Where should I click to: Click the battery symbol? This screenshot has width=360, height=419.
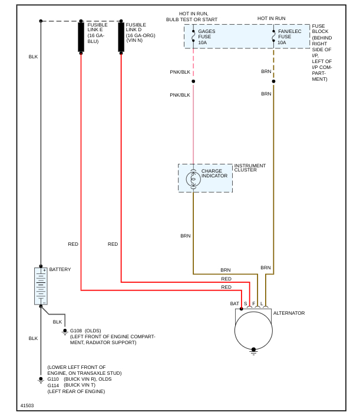point(41,286)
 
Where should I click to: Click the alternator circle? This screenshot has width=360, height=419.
point(253,330)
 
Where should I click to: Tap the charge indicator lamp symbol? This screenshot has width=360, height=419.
point(193,179)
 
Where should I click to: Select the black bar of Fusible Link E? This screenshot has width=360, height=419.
point(81,37)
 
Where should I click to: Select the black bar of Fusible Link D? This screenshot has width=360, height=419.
point(121,37)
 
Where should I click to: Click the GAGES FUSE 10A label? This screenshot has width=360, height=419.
point(207,37)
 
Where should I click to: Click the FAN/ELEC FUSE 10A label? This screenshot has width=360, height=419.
point(289,37)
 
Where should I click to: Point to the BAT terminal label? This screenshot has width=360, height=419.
point(235,303)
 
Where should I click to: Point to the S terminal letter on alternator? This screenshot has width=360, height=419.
point(246,303)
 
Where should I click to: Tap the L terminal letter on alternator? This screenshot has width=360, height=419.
point(262,303)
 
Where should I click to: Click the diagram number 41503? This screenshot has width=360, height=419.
point(27,405)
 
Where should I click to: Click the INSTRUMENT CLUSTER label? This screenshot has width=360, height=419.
point(250,168)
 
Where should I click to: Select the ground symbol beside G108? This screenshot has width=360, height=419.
point(65,332)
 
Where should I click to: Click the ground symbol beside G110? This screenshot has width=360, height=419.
point(41,380)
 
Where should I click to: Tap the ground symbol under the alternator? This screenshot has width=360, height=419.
point(253,351)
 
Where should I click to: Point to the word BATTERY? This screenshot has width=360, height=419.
point(60,269)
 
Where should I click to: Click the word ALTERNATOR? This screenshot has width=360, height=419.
point(289,313)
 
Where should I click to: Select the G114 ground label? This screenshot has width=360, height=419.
point(53,385)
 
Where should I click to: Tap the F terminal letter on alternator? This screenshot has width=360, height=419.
point(254,303)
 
